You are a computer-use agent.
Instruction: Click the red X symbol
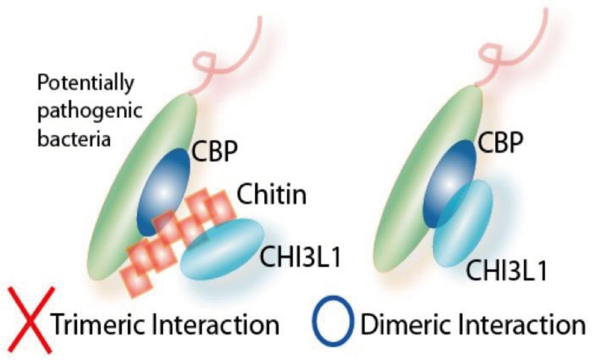pyautogui.click(x=30, y=320)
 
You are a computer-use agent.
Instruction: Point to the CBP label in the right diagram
pyautogui.click(x=500, y=142)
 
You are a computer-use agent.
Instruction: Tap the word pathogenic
pyautogui.click(x=90, y=111)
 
